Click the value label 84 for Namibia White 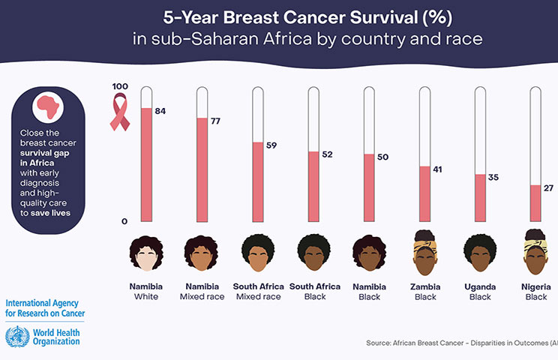click(160, 111)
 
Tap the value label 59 click(271, 145)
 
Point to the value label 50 click(382, 157)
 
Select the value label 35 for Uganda click(493, 178)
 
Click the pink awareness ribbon click(119, 112)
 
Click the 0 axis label click(124, 221)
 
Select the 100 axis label click(119, 86)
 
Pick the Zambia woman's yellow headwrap click(424, 239)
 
